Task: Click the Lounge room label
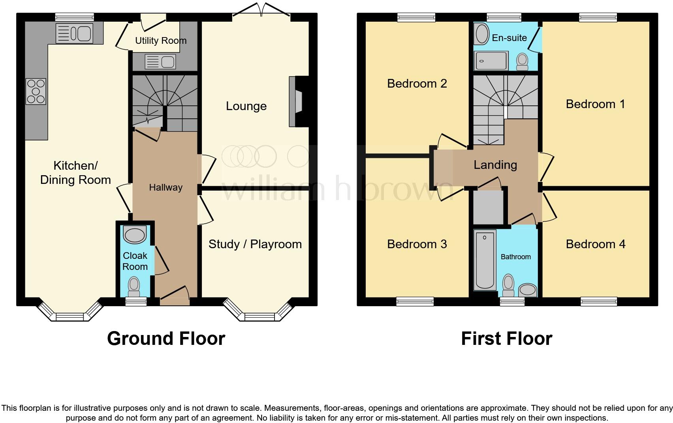[x=246, y=106]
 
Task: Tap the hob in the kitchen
[x=36, y=92]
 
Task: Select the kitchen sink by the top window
[x=75, y=33]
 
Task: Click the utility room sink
[x=160, y=62]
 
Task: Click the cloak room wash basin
[x=135, y=235]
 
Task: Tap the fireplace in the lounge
[x=296, y=101]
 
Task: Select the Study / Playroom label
[x=255, y=244]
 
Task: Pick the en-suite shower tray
[x=491, y=61]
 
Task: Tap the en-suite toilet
[x=522, y=62]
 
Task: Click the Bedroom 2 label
[x=417, y=84]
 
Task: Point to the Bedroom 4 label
[x=595, y=244]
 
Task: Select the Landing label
[x=495, y=165]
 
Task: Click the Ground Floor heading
[x=166, y=339]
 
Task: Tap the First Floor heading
[x=506, y=339]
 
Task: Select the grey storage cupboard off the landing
[x=488, y=207]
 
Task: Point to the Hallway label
[x=165, y=187]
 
